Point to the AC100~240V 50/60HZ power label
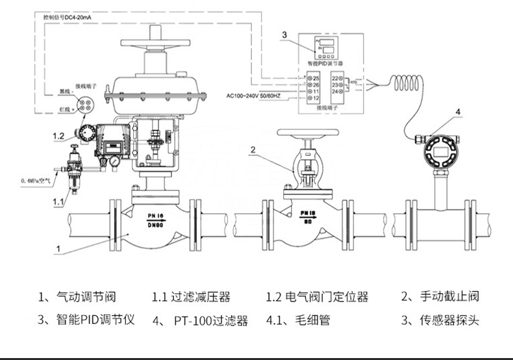click(259, 96)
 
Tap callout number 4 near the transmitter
click(458, 112)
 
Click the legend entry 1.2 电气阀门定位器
click(318, 296)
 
